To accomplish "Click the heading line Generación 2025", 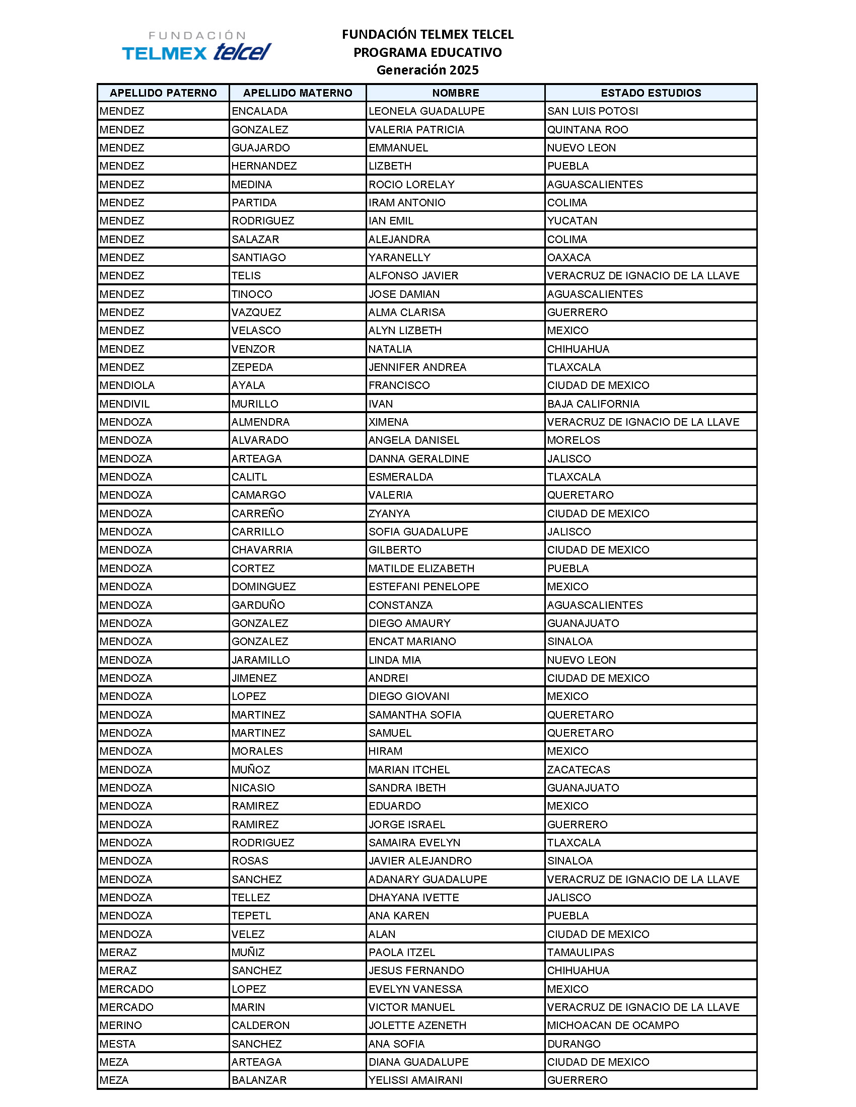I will click(x=427, y=70).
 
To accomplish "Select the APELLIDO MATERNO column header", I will click(x=297, y=93).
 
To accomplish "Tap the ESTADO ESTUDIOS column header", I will click(x=651, y=93).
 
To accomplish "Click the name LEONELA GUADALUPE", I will click(x=426, y=111).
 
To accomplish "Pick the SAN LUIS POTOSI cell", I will click(x=592, y=111).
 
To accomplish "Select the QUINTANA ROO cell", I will click(x=587, y=129).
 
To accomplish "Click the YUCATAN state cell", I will click(x=572, y=220).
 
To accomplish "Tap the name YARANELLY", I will click(x=399, y=258).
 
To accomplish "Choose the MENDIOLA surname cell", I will click(x=127, y=385).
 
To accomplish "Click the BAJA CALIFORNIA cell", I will click(x=593, y=404).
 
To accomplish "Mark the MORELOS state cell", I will click(x=573, y=440).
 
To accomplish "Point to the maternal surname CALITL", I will click(x=249, y=477).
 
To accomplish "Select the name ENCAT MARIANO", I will click(x=412, y=641).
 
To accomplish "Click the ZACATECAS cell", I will click(x=578, y=769).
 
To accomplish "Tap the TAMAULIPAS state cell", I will click(x=580, y=952).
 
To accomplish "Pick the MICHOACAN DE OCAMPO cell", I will click(x=613, y=1025).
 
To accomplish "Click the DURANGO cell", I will click(x=574, y=1044).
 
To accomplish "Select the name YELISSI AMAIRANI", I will click(x=415, y=1080).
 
